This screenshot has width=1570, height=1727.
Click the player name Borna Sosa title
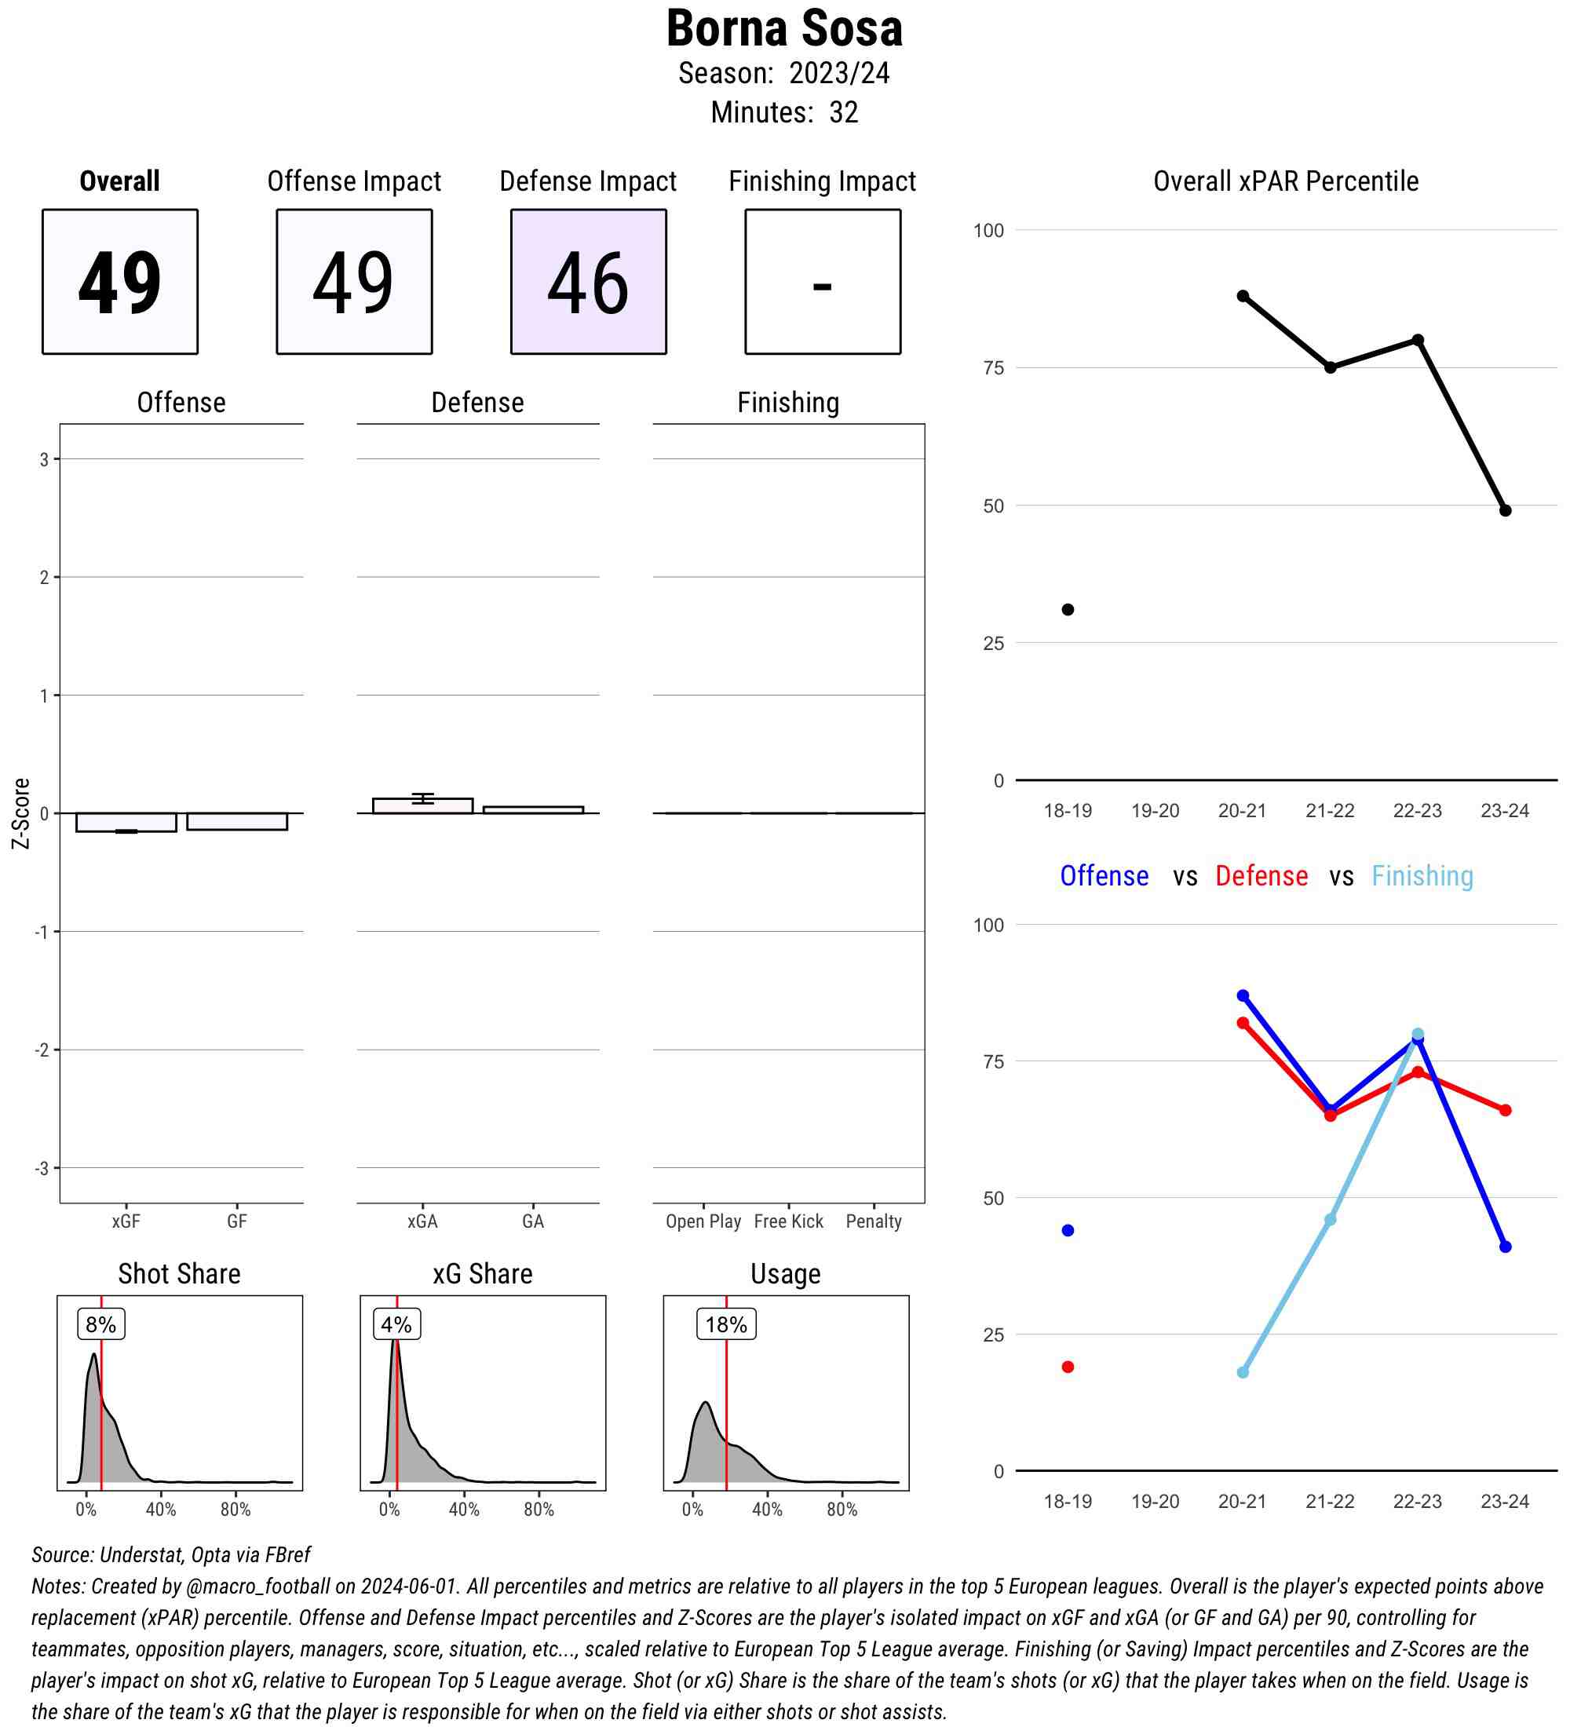783,29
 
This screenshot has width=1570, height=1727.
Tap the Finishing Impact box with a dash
821,281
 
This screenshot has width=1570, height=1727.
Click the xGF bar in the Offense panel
126,822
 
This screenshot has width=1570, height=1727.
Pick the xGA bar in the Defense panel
422,805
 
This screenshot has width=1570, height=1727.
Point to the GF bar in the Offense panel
236,820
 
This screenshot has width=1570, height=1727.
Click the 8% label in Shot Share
101,1324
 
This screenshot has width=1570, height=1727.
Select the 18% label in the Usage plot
725,1324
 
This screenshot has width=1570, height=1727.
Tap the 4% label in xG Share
396,1324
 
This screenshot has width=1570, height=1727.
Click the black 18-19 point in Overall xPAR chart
1068,609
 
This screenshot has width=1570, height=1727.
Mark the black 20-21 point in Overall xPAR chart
1242,295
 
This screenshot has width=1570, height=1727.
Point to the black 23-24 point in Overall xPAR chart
1505,510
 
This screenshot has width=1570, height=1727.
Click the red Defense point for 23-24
1505,1110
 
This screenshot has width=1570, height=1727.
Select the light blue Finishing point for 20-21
1242,1372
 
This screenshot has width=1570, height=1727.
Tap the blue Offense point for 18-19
1068,1230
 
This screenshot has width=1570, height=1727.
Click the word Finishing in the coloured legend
1422,875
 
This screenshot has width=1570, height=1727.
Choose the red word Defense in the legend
1261,875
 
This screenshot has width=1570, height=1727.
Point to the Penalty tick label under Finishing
873,1221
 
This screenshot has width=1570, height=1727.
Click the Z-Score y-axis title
21,813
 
